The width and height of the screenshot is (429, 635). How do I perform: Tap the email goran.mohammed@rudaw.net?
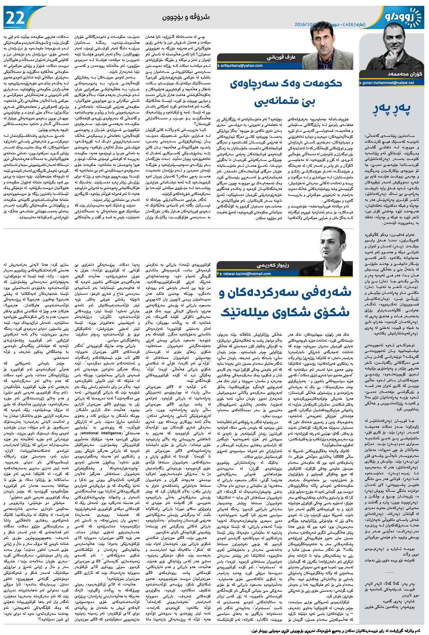[x=388, y=83]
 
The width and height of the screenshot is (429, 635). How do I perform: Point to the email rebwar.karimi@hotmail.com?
[x=247, y=274]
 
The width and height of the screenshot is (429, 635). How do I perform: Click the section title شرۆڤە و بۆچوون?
[x=186, y=17]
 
